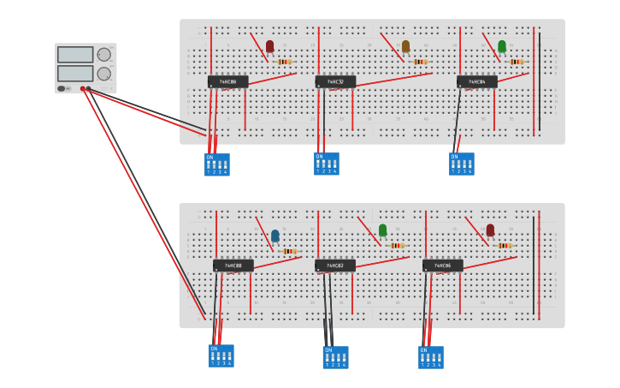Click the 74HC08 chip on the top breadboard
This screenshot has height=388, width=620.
point(227,82)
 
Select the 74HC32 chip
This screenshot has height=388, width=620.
point(335,82)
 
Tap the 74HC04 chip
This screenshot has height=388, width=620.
point(476,82)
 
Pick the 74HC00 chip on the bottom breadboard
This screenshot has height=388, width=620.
point(233,266)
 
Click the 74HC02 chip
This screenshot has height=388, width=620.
point(335,266)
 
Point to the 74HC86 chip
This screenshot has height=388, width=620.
point(442,266)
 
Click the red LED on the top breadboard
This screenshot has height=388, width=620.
point(269,46)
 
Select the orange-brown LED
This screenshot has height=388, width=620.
point(405,46)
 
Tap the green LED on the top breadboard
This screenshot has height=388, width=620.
point(502,46)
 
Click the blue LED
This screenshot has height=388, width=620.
point(275,236)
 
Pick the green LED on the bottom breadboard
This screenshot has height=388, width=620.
point(382,230)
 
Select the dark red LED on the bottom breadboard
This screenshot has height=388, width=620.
point(490,230)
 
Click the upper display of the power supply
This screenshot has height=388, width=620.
point(75,55)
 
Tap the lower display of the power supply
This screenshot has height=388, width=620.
point(75,74)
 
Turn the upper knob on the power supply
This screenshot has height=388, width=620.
point(103,55)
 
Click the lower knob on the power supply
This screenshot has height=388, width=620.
point(103,74)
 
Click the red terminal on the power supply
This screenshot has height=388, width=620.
point(83,88)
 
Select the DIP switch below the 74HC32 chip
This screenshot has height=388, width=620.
point(326,164)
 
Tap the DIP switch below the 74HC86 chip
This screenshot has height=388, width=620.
point(431,357)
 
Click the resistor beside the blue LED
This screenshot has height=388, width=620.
point(289,251)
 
